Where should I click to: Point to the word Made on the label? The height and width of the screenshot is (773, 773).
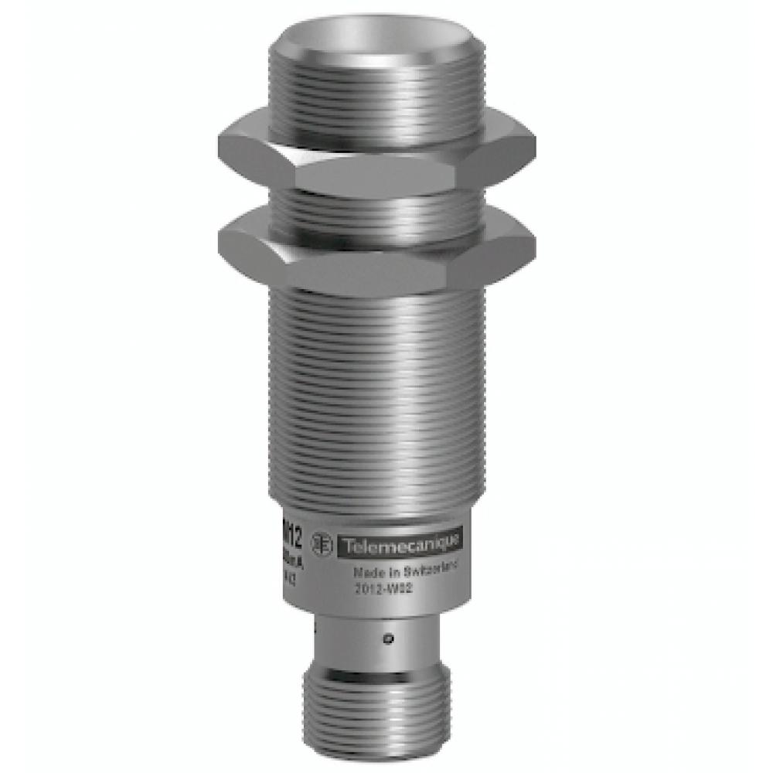tap(366, 573)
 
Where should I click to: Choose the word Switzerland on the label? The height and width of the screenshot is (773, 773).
tap(430, 570)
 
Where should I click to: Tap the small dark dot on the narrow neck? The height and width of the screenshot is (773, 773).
tap(390, 638)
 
